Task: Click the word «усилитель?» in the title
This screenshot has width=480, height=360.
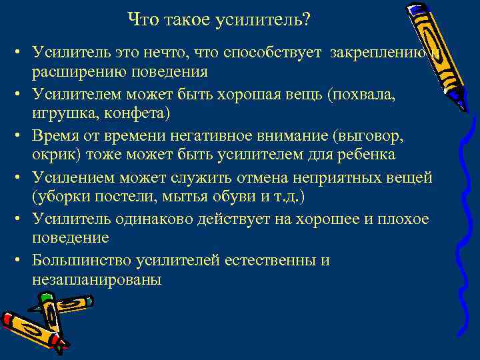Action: coord(263,20)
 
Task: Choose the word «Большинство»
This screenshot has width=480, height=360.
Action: coord(85,260)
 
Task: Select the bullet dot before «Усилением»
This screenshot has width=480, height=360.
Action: coord(21,179)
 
